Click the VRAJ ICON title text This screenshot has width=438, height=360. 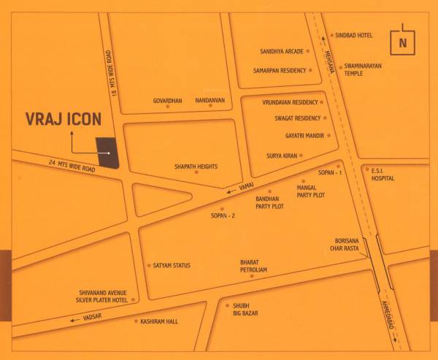click(64, 120)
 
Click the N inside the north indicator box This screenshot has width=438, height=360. click(402, 43)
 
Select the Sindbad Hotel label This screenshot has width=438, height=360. click(353, 34)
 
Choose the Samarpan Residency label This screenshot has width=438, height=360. click(280, 70)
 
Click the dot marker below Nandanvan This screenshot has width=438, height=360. click(210, 107)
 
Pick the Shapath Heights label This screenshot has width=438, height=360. click(196, 166)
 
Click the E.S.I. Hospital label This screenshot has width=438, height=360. click(383, 175)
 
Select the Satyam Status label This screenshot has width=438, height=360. click(172, 265)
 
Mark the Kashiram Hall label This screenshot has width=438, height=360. click(160, 321)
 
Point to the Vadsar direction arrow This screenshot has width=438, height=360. click(74, 319)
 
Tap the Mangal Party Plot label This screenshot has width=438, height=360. click(311, 192)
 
